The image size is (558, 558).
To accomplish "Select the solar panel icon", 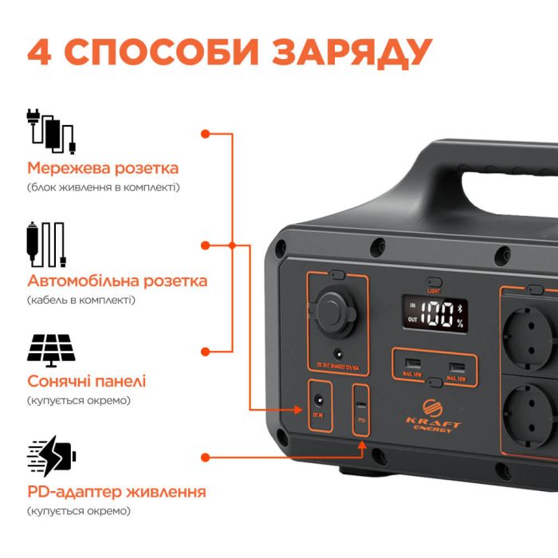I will (51, 348).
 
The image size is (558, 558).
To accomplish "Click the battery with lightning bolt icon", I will (52, 457).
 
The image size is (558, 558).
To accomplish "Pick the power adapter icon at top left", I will (51, 132).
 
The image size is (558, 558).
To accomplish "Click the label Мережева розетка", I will (103, 168).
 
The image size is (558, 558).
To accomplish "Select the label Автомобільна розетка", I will (117, 281).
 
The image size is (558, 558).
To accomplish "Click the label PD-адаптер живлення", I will (116, 491).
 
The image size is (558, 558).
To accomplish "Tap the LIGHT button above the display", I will (434, 282).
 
